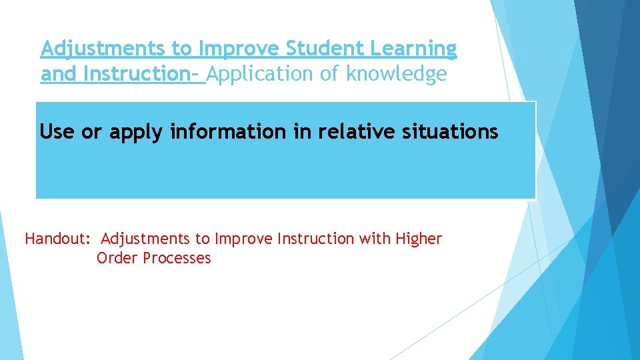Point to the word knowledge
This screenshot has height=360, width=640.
[396, 74]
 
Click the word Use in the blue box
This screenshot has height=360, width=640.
[57, 132]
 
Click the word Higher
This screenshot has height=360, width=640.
[419, 239]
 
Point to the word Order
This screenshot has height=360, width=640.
[117, 258]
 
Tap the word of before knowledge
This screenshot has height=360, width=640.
[330, 74]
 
